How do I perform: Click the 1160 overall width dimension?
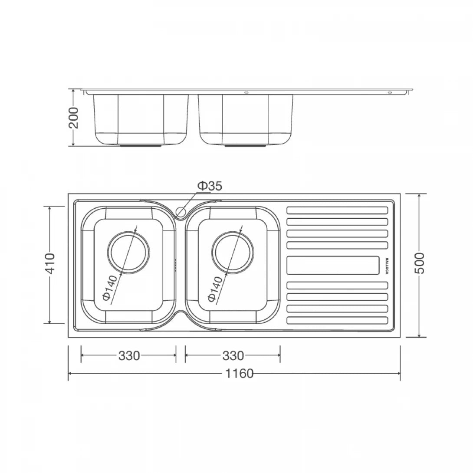click(240, 373)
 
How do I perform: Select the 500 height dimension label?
click(419, 263)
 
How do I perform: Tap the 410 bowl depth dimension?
click(50, 263)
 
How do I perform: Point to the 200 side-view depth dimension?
click(74, 117)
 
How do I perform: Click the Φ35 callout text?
click(210, 186)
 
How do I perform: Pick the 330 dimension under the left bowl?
click(129, 356)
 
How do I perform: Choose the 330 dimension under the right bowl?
click(233, 356)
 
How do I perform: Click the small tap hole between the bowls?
click(181, 212)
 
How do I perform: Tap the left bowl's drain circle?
click(129, 252)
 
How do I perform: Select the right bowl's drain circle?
click(233, 252)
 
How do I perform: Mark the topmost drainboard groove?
click(337, 210)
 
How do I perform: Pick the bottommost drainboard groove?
click(337, 321)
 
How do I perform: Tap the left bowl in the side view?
click(141, 119)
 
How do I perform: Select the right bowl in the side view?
click(245, 119)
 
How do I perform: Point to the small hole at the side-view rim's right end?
click(389, 92)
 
